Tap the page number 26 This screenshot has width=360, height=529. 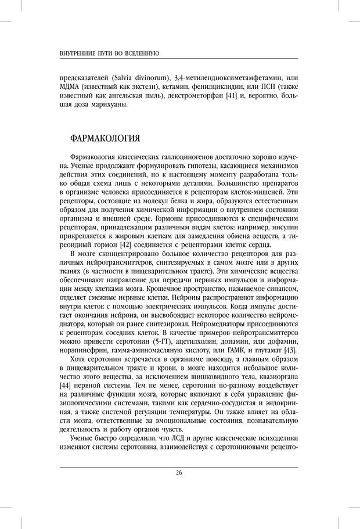pyautogui.click(x=179, y=472)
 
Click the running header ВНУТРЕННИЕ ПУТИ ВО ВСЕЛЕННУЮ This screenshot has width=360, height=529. pyautogui.click(x=110, y=53)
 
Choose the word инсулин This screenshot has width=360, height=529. pyautogui.click(x=284, y=225)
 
